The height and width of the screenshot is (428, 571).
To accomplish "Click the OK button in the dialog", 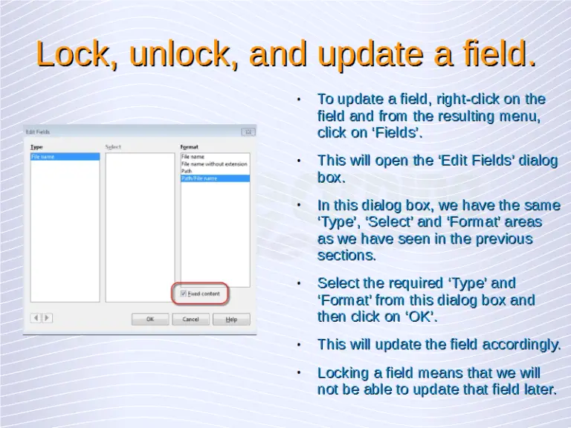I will (150, 319).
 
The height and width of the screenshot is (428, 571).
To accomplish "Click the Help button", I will (231, 319).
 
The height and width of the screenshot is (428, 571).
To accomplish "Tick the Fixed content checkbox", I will (184, 294).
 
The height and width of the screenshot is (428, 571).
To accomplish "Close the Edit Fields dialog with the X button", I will (248, 132).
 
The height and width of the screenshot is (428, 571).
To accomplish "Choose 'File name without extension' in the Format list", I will (214, 163).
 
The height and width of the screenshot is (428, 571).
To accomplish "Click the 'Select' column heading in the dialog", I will (113, 147).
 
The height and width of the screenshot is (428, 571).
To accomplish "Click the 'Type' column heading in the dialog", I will (36, 147).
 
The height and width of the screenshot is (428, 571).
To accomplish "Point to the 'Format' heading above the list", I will (190, 147).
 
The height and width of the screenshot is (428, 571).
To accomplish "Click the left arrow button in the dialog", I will (35, 317).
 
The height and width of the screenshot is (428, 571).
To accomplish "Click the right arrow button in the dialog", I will (47, 317).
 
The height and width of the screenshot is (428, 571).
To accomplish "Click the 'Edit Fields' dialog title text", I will (41, 132).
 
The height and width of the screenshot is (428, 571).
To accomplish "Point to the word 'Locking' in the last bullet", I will (343, 372).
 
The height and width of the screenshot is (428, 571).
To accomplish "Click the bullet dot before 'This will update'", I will (297, 345).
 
